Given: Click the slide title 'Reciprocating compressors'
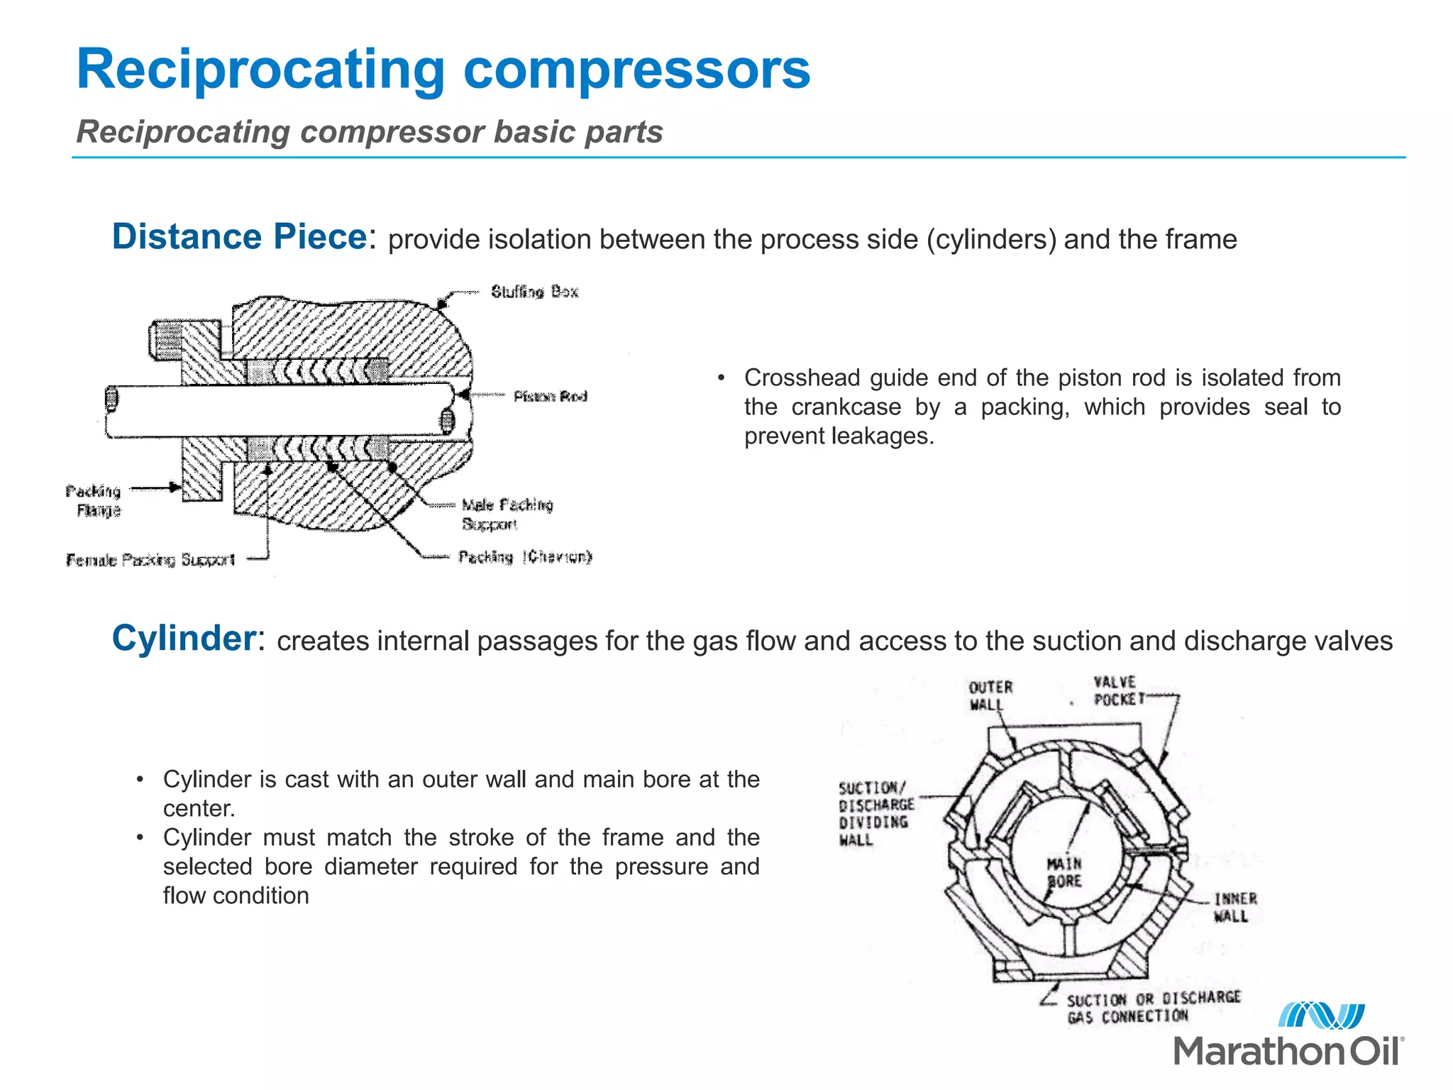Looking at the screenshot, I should pos(443,69).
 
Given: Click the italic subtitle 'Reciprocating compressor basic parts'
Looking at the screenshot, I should pos(369,132).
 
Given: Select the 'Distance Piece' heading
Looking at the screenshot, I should pos(239,236).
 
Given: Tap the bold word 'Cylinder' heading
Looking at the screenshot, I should pos(184,638).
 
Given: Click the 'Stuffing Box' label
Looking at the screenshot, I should pos(534,292).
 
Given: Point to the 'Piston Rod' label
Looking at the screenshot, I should pos(550,396).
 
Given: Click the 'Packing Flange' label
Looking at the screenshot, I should pos(94,500).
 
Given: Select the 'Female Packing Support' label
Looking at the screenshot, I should pos(150,560).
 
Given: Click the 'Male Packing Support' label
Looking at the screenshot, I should pos(507,514).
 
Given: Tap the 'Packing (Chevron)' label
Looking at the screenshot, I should pos(524,557).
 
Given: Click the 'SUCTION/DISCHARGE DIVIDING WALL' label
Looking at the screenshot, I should pos(875,813).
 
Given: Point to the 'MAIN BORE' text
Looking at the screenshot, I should pos(1064,872).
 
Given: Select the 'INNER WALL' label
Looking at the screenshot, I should pos(1234,907).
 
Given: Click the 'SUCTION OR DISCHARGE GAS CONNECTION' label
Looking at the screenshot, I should pos(1152,1007).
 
